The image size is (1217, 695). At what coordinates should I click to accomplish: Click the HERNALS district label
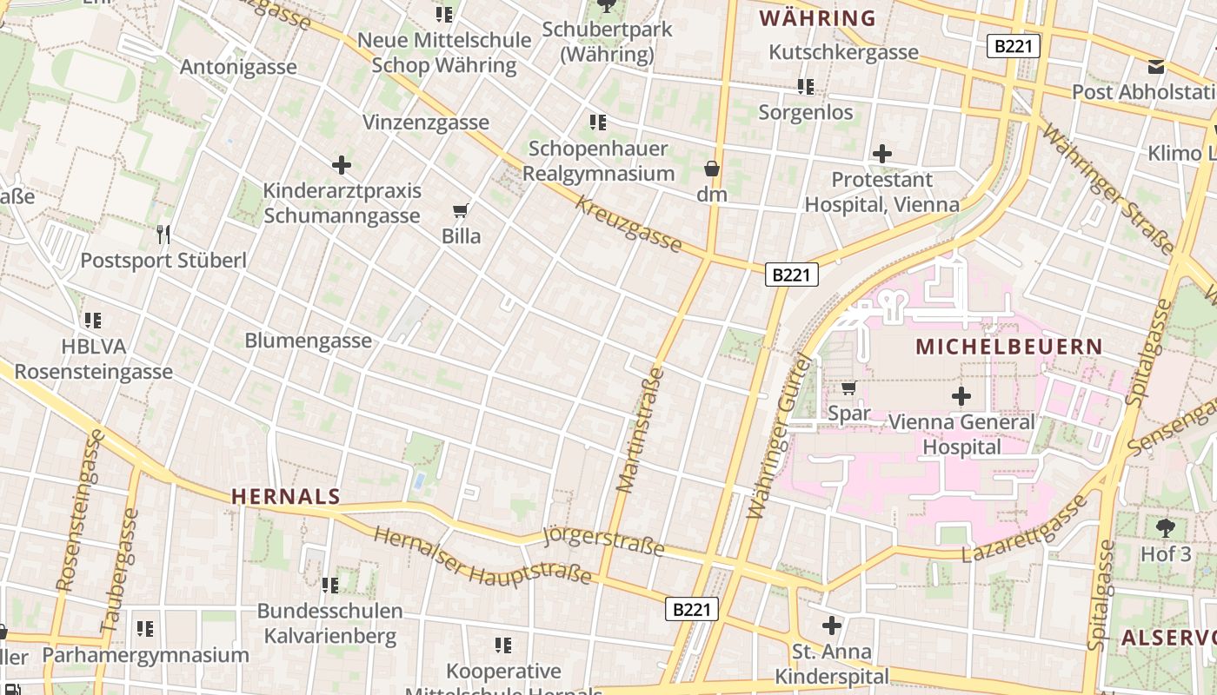point(285,497)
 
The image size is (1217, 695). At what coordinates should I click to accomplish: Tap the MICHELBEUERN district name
point(1009,347)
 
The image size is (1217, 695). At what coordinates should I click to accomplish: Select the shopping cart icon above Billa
point(461,210)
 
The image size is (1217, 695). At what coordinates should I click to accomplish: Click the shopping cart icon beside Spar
point(848,387)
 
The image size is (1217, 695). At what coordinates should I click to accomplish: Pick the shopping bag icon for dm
point(712,169)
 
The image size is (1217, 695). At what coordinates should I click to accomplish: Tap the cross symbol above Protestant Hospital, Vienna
point(882,155)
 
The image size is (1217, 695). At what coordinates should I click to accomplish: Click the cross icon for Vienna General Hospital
point(961,397)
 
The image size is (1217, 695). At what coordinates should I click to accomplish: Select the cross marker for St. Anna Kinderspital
point(832,625)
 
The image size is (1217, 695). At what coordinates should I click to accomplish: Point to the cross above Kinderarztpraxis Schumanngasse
point(342,164)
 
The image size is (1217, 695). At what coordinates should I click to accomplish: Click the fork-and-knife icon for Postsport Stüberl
point(163,234)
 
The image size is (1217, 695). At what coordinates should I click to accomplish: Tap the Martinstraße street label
point(641,430)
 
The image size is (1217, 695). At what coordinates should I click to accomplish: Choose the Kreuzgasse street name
point(628,224)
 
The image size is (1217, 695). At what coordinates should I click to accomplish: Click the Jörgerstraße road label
point(603,540)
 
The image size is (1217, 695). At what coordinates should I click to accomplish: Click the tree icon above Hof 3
point(1165,526)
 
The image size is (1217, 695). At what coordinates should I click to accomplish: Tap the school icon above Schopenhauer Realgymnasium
point(598,122)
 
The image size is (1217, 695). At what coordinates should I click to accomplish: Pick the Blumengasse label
point(308,341)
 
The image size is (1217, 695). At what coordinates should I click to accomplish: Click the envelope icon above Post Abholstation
point(1156,66)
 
